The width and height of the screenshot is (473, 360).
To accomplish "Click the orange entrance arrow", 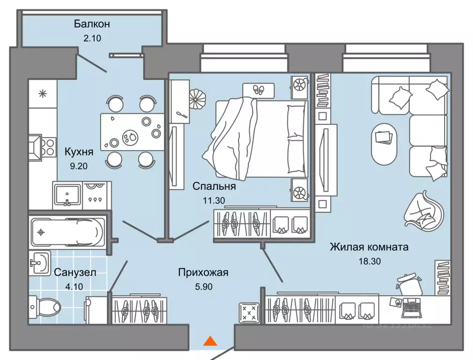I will [211, 341].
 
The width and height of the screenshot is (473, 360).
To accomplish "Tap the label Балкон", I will [92, 23].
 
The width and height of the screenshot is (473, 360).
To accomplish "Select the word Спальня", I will [214, 186].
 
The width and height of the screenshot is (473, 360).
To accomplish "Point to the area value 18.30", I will [368, 261].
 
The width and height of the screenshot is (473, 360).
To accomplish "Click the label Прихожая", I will [203, 272].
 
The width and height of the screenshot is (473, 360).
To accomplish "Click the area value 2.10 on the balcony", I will [92, 38].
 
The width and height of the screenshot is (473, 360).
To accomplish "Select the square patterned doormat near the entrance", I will [249, 312].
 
